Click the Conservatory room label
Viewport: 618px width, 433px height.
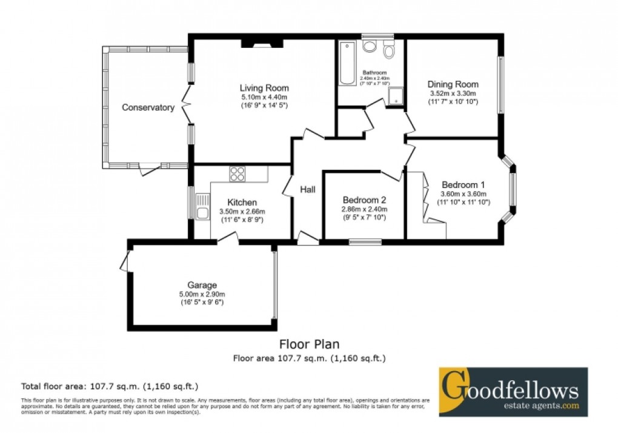point(148,108)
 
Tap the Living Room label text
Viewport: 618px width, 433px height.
point(264,88)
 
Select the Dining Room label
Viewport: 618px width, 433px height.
point(453,84)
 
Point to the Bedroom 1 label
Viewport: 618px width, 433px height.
point(463,184)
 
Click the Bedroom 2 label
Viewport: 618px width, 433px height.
point(364,200)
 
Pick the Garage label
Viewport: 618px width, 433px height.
point(202,285)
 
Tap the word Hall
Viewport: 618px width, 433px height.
point(308,190)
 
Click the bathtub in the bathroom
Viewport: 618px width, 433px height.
point(348,63)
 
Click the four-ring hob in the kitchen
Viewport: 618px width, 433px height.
point(237,174)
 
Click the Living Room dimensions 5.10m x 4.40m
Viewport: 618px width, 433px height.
point(264,97)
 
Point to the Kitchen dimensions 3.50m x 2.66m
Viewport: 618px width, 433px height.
point(242,212)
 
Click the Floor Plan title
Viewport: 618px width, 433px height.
point(309,344)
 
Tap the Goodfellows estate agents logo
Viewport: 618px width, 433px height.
point(513,391)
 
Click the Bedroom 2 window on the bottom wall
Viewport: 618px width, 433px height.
point(365,242)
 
